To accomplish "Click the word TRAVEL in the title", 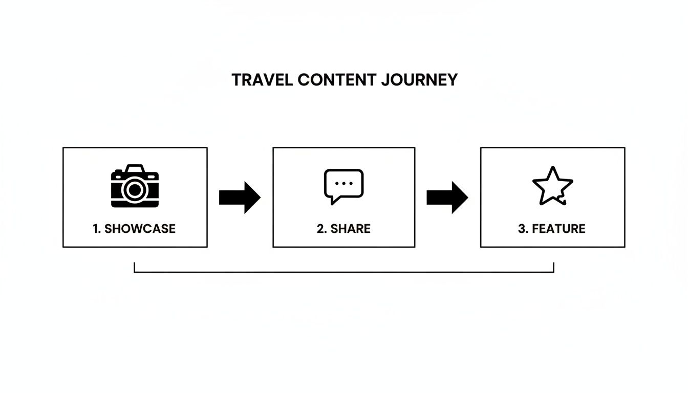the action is [262, 80].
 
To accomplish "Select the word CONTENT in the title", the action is [337, 80].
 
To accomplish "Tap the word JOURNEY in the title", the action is [420, 80].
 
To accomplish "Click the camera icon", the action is [135, 186].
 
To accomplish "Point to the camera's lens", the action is [135, 190].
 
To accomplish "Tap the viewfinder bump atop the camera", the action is [135, 168].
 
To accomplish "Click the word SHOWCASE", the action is [140, 229].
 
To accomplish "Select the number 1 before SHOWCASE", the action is [96, 229].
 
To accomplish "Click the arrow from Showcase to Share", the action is [240, 198].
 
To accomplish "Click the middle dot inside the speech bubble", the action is [343, 183].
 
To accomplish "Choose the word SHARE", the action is [351, 229].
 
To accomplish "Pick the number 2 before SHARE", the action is [322, 229].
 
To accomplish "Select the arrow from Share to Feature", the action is [447, 198].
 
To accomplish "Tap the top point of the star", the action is [553, 167].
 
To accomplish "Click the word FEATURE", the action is [558, 229].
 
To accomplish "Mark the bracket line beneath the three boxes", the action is [344, 272].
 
